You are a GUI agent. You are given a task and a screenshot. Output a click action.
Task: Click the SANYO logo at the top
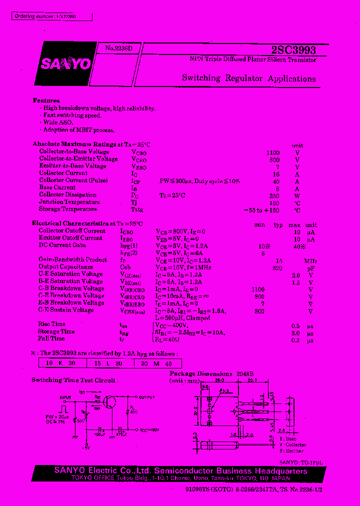pyautogui.click(x=65, y=64)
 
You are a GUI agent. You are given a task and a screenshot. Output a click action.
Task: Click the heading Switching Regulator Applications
pyautogui.click(x=248, y=78)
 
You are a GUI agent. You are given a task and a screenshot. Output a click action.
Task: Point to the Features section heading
pyautogui.click(x=46, y=100)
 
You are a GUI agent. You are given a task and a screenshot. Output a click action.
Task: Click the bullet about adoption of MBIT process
pyautogui.click(x=78, y=130)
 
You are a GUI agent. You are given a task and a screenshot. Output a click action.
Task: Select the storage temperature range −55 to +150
pyautogui.click(x=261, y=209)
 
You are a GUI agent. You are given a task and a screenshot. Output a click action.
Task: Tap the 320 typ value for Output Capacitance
pyautogui.click(x=277, y=267)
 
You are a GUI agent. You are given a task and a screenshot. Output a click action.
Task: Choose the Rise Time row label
pyautogui.click(x=51, y=324)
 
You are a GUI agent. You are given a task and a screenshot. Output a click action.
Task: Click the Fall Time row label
pyautogui.click(x=51, y=338)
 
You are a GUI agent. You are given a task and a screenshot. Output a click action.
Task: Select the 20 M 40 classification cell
pyautogui.click(x=157, y=363)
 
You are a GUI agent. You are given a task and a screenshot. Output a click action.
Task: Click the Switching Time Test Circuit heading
pyautogui.click(x=73, y=380)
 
